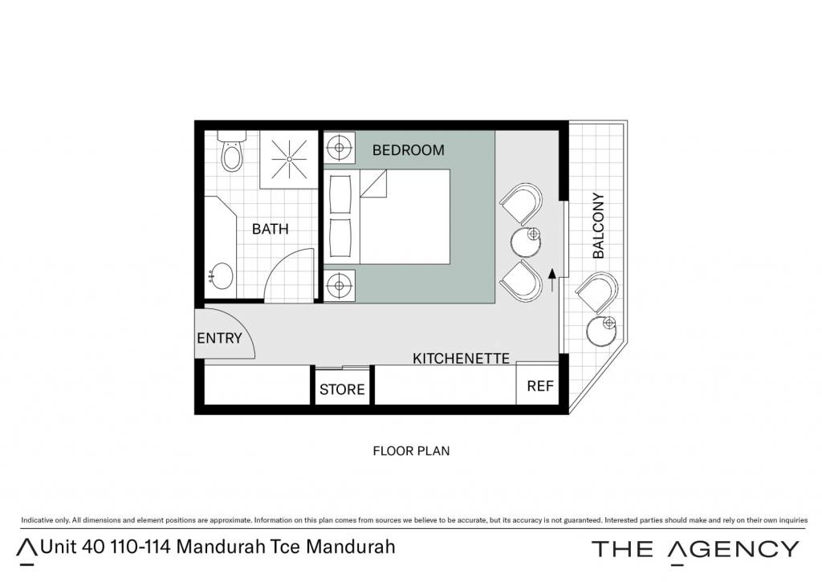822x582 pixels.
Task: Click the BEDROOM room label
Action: point(408,150)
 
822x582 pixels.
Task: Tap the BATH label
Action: point(270,229)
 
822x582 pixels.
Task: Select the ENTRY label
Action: point(219,338)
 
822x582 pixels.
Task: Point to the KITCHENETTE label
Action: point(461,359)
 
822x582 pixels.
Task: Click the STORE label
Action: point(342,389)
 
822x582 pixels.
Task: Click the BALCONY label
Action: point(598,226)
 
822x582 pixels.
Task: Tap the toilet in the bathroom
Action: point(232,151)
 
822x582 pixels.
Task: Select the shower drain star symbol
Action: point(289,158)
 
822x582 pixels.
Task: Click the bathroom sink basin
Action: point(222,276)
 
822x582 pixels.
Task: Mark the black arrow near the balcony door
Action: point(551,280)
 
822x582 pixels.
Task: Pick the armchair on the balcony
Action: point(596,293)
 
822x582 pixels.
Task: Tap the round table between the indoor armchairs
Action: point(526,241)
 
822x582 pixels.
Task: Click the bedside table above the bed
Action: point(339,148)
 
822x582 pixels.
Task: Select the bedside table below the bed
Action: point(339,286)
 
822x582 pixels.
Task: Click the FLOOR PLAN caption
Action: point(411,451)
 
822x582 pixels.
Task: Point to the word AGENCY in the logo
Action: point(734,550)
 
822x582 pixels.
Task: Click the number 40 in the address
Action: point(93,547)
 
